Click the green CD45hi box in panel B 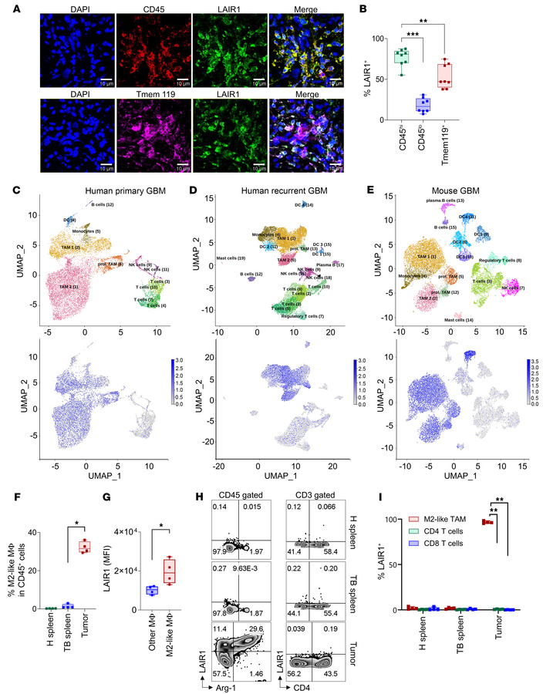444,59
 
